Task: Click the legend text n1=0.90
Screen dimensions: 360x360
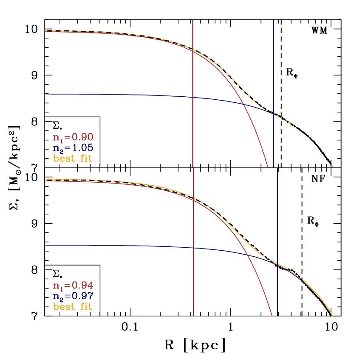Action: [x=73, y=137]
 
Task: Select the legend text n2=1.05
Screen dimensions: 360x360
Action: [x=73, y=148]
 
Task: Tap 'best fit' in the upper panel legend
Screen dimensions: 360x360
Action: [x=73, y=158]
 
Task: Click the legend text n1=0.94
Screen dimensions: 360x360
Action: [x=73, y=285]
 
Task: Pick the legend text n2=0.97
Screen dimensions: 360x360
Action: [x=73, y=296]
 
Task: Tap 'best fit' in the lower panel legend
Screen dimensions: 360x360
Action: [x=73, y=307]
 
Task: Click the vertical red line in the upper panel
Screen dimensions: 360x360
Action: [x=193, y=130]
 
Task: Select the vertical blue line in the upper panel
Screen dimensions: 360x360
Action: [x=273, y=65]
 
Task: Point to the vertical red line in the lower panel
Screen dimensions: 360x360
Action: [x=193, y=282]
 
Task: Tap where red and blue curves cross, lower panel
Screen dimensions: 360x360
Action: [x=246, y=254]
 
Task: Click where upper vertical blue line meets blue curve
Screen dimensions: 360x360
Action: [x=273, y=114]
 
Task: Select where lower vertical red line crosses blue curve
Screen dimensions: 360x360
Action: [x=193, y=248]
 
